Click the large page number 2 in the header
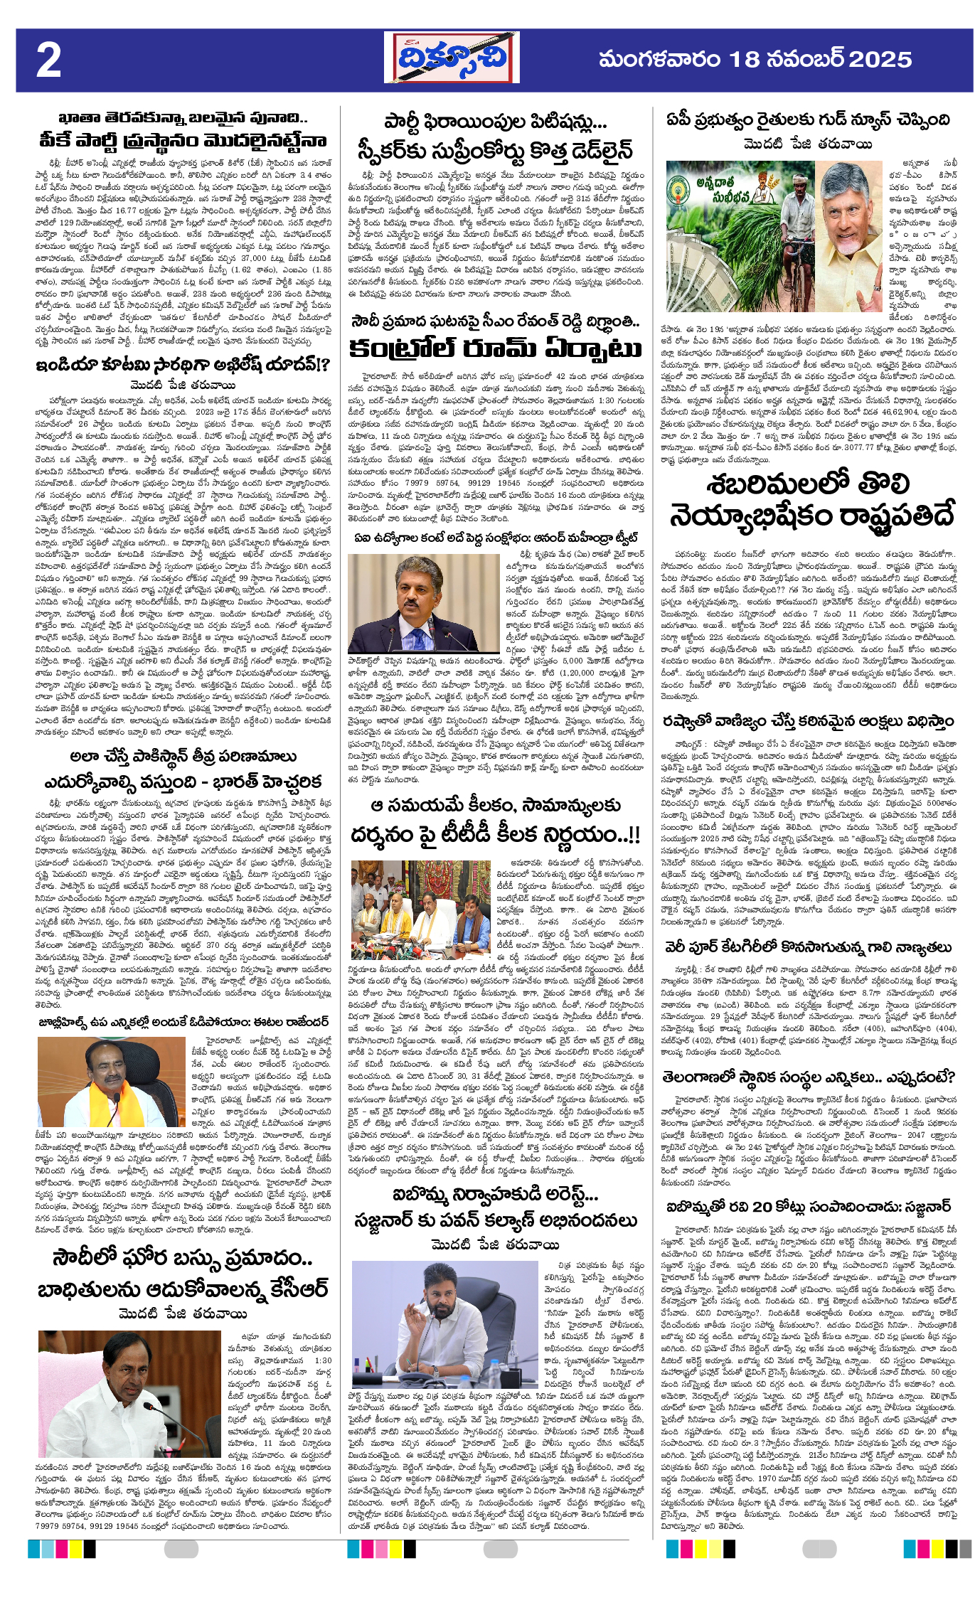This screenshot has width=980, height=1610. point(48,60)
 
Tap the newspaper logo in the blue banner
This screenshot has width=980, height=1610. point(452,59)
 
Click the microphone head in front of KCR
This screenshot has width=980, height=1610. point(148,1406)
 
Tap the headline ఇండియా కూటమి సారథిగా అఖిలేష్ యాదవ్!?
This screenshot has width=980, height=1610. point(183,365)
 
